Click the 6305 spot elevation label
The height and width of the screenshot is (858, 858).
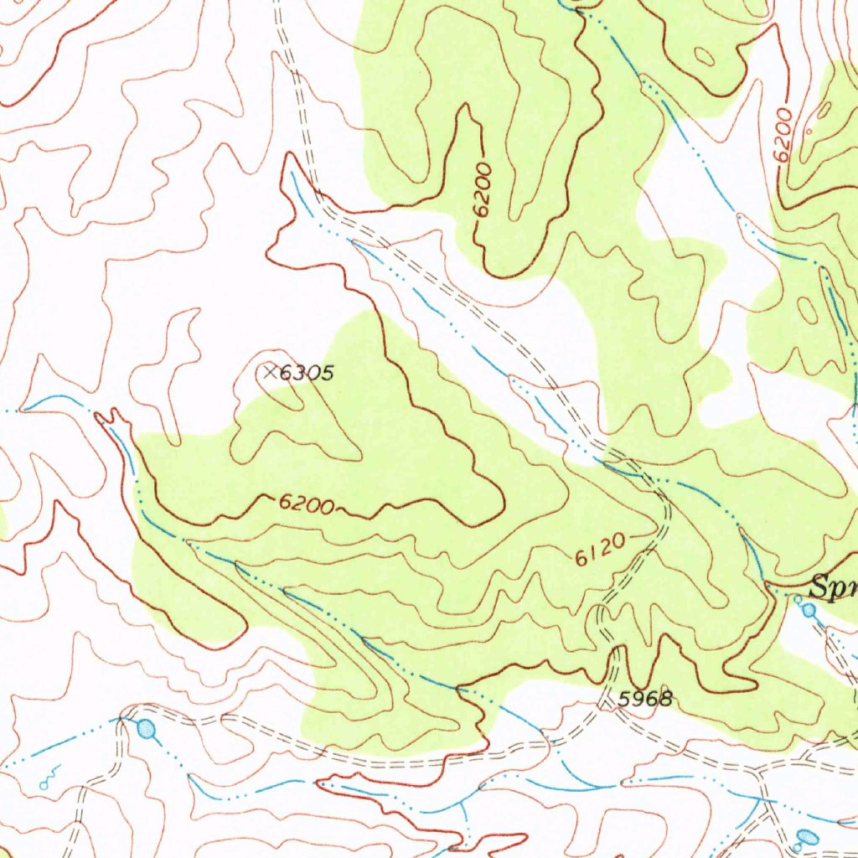point(307,373)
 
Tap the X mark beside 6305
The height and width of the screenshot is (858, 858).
point(269,372)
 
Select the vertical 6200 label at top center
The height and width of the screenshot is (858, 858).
point(482,192)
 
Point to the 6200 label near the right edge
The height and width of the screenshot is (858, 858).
point(783,135)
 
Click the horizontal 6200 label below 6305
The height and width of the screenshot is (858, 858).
point(307,504)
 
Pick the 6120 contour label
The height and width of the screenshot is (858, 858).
point(600,549)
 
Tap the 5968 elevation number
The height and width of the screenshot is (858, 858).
point(645,698)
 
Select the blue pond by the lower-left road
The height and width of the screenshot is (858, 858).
point(147,729)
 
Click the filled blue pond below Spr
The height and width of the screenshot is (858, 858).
point(809,611)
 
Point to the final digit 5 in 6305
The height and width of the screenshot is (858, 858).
point(328,373)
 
